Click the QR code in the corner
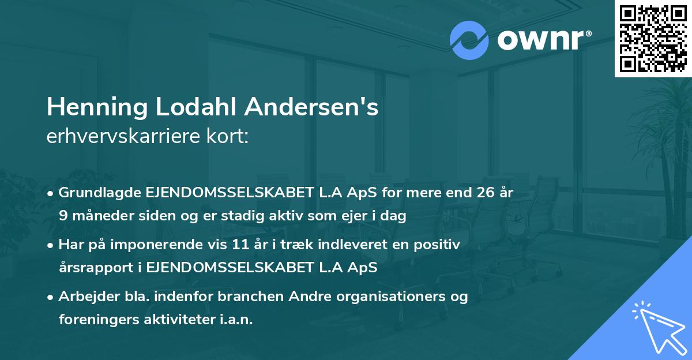[x=653, y=39]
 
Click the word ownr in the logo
[x=540, y=40]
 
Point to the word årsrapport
[x=94, y=267]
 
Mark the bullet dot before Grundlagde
[x=51, y=193]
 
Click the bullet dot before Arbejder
[x=51, y=297]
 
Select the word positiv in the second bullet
[x=440, y=245]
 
